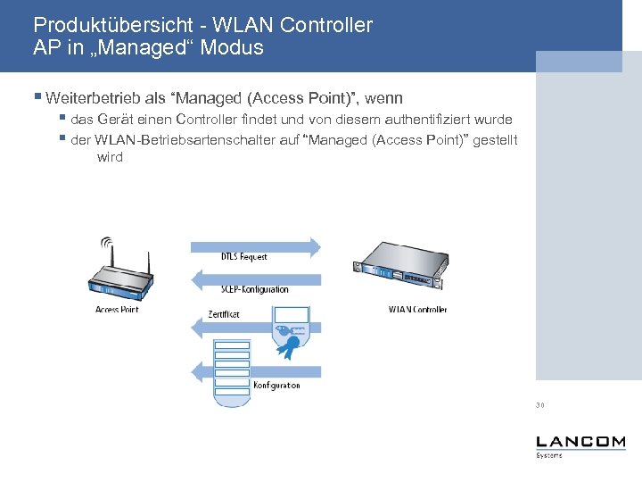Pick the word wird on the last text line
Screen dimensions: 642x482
point(110,157)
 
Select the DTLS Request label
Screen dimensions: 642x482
point(243,257)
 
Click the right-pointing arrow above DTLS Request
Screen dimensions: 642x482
point(253,244)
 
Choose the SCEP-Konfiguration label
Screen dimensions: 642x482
point(255,289)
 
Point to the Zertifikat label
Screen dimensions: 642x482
point(223,314)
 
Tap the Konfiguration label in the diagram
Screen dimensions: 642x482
point(276,386)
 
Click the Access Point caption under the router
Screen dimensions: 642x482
point(117,310)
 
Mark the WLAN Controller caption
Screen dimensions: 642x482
point(417,310)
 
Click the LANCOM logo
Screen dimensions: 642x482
point(580,444)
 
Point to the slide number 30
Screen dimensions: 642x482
point(540,405)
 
